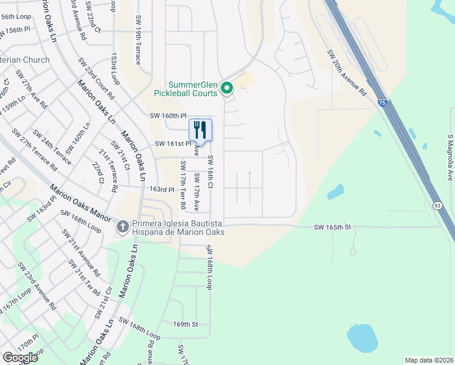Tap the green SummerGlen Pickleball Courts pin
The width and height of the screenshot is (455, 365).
point(227,89)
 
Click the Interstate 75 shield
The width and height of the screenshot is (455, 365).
point(381,105)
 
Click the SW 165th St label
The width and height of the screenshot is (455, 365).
point(333,227)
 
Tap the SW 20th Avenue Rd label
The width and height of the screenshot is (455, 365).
point(347,72)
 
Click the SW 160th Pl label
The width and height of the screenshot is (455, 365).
point(167,116)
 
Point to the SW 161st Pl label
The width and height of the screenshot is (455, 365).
point(173,144)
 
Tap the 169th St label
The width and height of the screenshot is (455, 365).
point(186,324)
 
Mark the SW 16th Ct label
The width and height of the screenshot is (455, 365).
point(210,172)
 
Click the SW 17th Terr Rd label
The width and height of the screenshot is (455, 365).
point(182,182)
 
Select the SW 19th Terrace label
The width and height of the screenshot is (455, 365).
point(138,40)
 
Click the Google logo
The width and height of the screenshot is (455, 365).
point(20,357)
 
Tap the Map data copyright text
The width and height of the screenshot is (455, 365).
point(429,360)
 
